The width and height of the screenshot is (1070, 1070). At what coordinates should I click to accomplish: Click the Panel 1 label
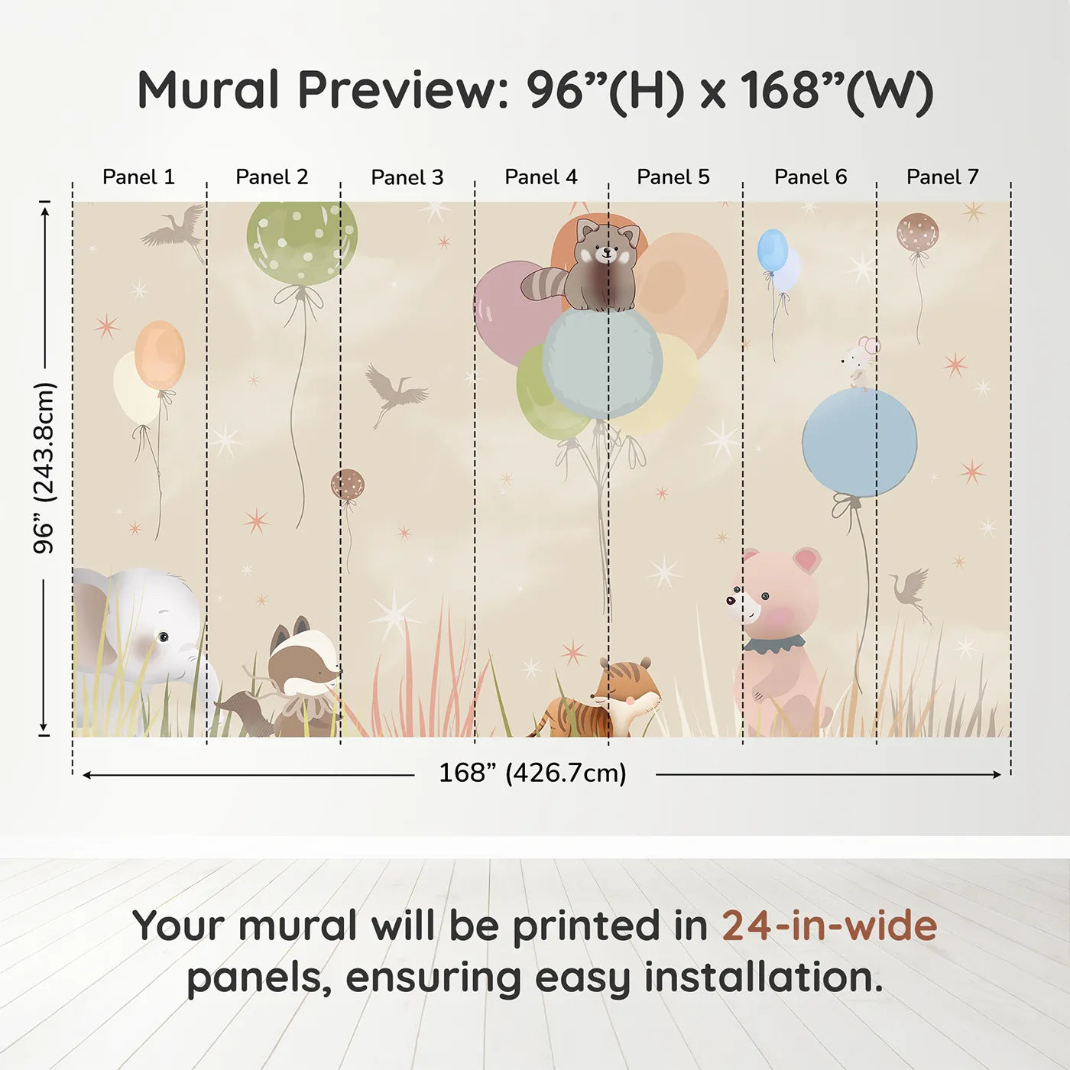[138, 177]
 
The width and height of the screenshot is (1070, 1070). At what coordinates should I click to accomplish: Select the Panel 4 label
[540, 177]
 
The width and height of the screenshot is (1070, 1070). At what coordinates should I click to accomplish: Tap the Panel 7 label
[942, 177]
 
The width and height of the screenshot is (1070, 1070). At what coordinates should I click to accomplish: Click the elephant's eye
[163, 637]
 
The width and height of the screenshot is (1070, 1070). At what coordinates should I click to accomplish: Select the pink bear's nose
[731, 600]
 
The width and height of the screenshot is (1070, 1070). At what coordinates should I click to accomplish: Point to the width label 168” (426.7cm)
[532, 773]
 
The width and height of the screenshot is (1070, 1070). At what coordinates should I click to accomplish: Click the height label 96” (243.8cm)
[44, 468]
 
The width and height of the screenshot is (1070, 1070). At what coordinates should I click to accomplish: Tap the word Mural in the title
[208, 90]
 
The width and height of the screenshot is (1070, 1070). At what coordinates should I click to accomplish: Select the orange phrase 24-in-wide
[829, 926]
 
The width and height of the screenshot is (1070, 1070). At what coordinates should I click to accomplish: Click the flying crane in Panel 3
[394, 391]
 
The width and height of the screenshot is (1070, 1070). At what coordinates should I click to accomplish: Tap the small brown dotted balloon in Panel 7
[917, 232]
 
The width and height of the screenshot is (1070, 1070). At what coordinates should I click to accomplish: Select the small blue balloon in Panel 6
[772, 250]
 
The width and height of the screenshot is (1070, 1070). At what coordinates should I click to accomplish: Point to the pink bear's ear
[806, 560]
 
